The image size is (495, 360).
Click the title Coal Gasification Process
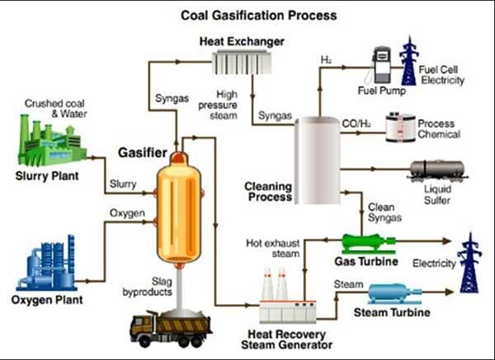tap(248, 15)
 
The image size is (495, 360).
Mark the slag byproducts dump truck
tap(170, 325)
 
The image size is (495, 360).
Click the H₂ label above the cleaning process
tap(326, 58)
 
